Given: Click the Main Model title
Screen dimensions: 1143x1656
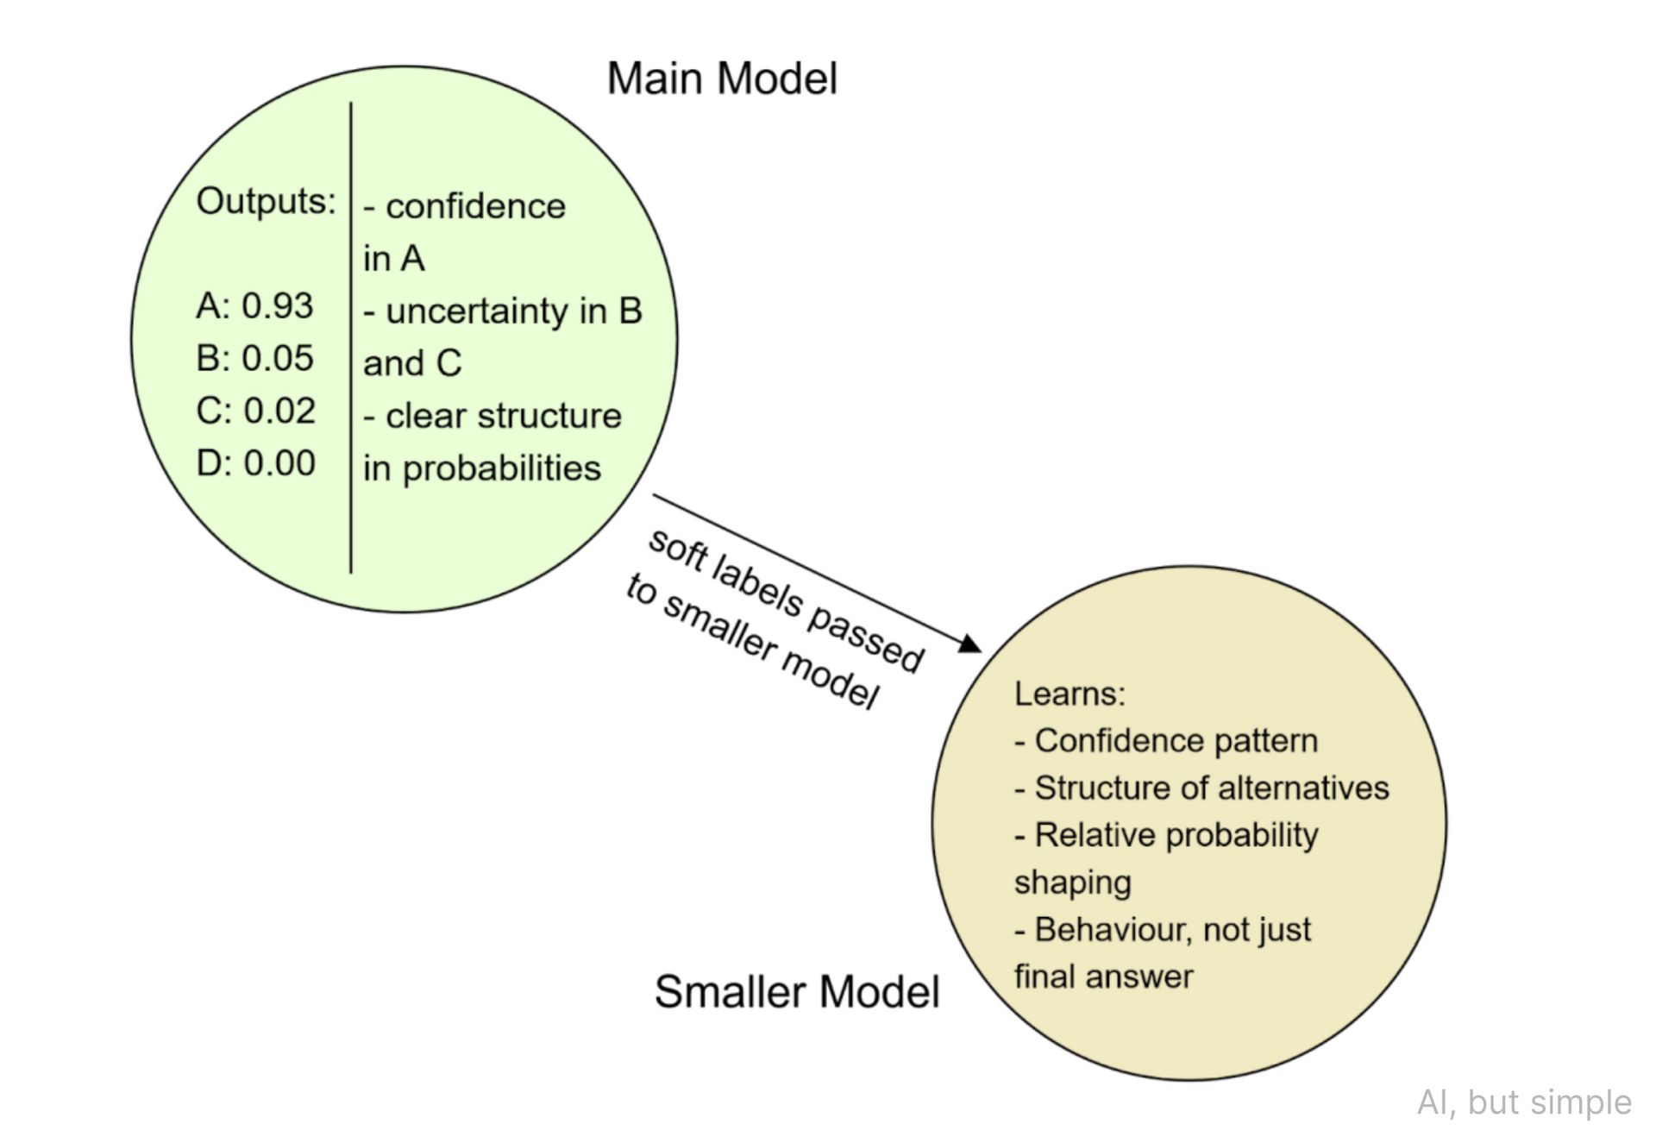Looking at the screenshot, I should (x=722, y=79).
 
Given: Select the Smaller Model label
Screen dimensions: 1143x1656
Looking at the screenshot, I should (x=796, y=991).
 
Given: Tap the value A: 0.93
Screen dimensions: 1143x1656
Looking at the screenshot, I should (x=254, y=306).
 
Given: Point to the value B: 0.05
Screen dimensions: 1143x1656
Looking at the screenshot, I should (x=254, y=358).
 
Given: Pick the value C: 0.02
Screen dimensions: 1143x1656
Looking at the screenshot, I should (x=255, y=411).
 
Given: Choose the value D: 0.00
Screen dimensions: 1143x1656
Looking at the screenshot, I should (x=255, y=463).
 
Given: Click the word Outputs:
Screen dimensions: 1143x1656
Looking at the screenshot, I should (x=266, y=202).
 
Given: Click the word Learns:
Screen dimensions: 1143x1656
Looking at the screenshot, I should (x=1069, y=694).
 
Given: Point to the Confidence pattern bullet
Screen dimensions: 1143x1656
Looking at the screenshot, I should (x=1176, y=741).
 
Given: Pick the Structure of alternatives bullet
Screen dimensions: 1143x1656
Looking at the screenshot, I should (x=1211, y=788).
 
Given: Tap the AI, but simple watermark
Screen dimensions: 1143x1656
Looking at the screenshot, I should (x=1524, y=1102).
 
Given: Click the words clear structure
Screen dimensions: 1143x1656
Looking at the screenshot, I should (x=503, y=417).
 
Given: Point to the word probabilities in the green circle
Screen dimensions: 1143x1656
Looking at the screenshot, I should (x=501, y=468).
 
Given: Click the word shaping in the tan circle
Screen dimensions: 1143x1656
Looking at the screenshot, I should (x=1072, y=883).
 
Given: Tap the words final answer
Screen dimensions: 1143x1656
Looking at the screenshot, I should (x=1103, y=977).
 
